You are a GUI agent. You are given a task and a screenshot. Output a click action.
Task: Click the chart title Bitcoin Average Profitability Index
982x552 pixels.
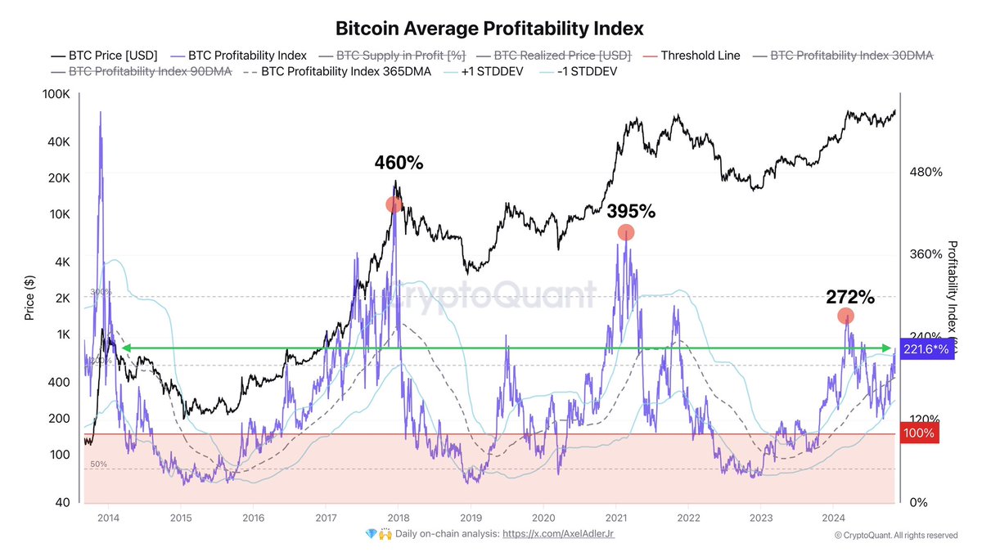(490, 28)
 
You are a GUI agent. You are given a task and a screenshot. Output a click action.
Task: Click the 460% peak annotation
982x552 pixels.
(399, 163)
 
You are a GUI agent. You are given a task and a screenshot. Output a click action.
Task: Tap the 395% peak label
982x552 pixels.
(631, 211)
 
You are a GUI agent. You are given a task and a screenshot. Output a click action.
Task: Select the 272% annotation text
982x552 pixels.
(850, 296)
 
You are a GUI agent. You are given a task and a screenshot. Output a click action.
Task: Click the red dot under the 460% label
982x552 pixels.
(394, 204)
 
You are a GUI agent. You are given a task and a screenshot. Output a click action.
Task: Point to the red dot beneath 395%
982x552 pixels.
(626, 232)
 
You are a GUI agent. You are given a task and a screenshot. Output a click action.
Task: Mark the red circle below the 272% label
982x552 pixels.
(846, 316)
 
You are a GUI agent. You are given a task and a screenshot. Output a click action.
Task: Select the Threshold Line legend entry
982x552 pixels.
(700, 56)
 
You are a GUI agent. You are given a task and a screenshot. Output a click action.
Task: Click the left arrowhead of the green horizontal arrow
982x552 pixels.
(124, 348)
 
